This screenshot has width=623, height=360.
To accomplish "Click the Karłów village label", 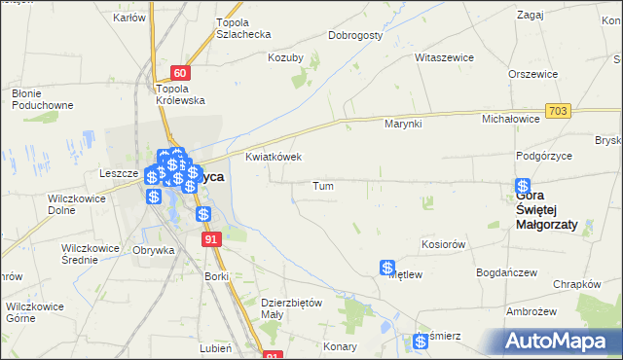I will point(129,18).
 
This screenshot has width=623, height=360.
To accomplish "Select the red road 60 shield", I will point(179,72).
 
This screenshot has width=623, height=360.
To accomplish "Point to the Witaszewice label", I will point(444,57).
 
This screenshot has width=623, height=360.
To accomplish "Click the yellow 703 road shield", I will point(558,112).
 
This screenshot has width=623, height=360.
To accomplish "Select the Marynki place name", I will point(402,124).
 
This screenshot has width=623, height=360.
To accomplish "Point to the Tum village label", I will point(324,185).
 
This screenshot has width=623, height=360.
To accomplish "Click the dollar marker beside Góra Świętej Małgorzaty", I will point(524,186).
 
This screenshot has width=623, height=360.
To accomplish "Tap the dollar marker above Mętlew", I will point(387,267).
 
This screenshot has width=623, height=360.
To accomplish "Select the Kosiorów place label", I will point(443,244).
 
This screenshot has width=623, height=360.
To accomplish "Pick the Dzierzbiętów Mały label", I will point(291,307).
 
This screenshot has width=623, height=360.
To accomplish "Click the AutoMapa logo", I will point(561,341).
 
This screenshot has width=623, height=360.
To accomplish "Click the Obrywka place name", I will point(153,250).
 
